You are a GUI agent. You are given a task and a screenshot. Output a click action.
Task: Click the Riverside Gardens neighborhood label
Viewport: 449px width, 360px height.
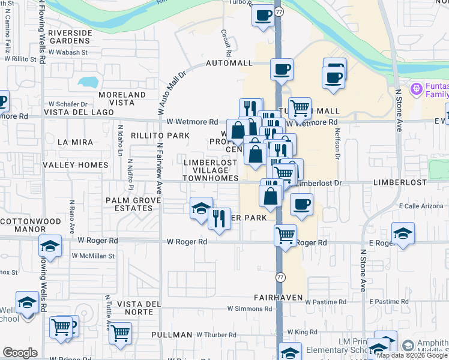point(70,37)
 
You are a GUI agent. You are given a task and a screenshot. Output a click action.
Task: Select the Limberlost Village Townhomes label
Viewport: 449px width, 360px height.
point(210,170)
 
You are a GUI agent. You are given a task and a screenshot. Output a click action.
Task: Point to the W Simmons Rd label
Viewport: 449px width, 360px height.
point(249,308)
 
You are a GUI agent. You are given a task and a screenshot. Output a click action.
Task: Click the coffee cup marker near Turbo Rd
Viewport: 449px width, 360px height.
point(263,16)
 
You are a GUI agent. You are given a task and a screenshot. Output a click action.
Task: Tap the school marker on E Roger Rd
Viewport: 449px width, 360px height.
point(403,233)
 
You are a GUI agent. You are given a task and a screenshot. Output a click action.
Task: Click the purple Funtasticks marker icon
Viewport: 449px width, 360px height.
point(417,89)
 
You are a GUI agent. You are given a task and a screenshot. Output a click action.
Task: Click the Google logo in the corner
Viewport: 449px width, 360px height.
point(20,353)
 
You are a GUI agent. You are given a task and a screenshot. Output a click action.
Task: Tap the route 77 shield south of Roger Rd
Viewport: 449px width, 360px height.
point(280,277)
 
